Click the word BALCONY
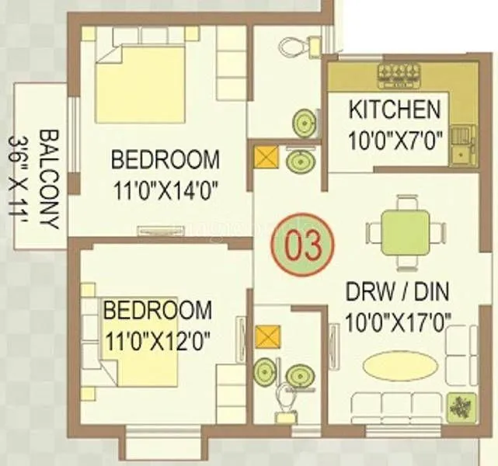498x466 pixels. pos(49,178)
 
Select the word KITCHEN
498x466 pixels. pos(395,109)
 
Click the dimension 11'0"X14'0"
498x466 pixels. pos(165,188)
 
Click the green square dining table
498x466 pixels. pos(405,231)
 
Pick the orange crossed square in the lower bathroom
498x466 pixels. pos(266,337)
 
